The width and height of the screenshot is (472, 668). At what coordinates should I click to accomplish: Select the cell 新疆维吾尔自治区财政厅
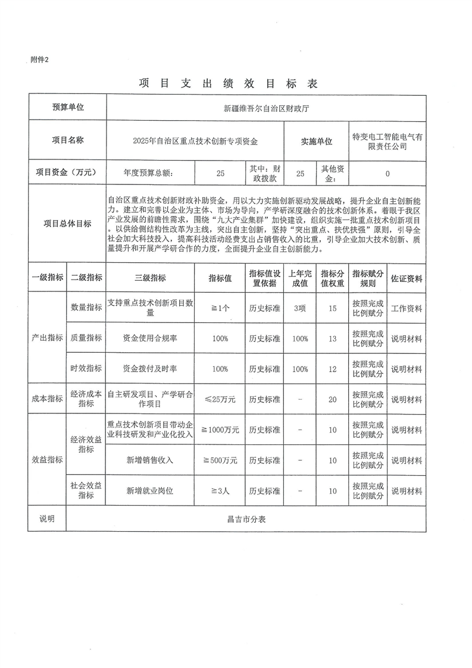click(266, 108)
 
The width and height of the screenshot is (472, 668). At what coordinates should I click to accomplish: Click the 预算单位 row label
click(67, 108)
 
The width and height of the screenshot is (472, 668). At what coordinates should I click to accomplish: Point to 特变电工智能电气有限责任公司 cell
click(387, 141)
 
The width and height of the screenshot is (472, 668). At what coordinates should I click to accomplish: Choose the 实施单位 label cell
click(317, 141)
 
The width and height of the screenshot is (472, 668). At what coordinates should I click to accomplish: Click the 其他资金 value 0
click(387, 174)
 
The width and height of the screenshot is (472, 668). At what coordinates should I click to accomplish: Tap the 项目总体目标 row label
click(67, 224)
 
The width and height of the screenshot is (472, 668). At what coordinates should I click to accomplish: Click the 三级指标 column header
click(150, 278)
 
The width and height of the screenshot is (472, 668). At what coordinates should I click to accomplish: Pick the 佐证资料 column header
click(407, 278)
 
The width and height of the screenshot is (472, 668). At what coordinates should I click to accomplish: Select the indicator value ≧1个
click(220, 308)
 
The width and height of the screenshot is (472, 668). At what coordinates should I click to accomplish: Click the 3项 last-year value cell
click(300, 308)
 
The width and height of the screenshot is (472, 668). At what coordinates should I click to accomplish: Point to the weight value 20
click(333, 399)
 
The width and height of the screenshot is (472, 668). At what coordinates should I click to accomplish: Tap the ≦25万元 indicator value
click(220, 399)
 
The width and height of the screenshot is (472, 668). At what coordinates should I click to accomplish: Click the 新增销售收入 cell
click(150, 460)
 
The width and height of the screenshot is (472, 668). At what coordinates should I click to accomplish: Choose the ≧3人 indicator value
click(220, 491)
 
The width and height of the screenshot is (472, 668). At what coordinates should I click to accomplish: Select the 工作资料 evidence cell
click(407, 308)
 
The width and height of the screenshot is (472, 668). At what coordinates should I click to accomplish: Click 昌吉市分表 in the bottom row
click(246, 519)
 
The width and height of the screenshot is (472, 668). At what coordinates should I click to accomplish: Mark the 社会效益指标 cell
click(86, 491)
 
